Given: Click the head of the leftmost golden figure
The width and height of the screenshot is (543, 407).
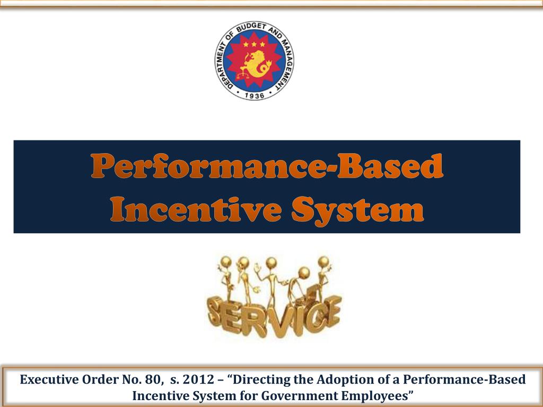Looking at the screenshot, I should tap(226, 262).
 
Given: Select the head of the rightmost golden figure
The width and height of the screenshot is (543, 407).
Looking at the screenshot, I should tap(323, 261).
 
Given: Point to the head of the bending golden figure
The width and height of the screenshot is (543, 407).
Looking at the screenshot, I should tap(304, 273).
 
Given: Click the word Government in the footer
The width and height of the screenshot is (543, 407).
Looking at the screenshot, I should tap(299, 395).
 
